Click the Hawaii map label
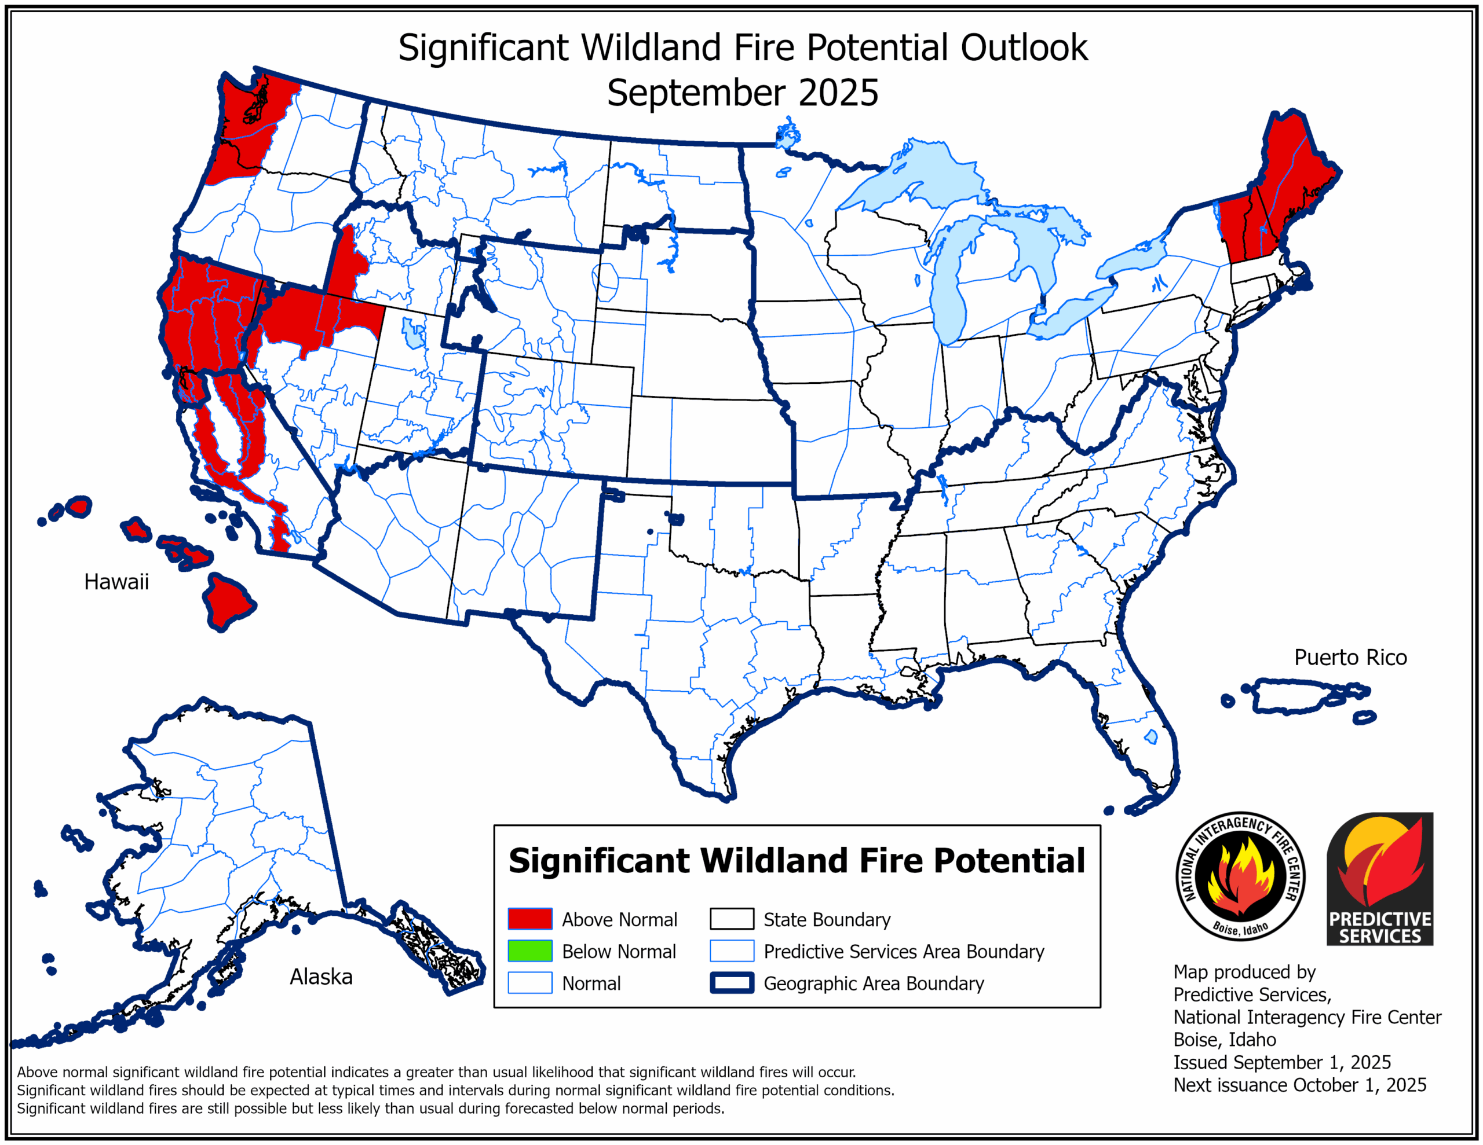116,582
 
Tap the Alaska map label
320,977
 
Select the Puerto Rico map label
1350,657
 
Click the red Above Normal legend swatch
529,919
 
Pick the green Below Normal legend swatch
529,951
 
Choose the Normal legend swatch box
529,983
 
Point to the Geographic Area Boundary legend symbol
731,983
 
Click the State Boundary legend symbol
731,919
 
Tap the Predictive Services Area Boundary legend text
903,952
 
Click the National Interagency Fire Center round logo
1240,876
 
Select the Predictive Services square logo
1380,879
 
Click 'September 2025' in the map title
742,93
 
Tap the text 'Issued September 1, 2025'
1281,1062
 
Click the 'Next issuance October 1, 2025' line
1299,1085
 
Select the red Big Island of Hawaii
228,601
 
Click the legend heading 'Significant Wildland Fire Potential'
797,861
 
